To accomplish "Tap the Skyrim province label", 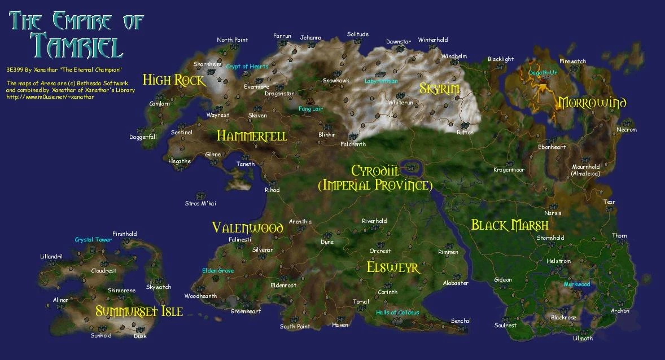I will [x=439, y=89].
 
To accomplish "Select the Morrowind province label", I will [x=592, y=103].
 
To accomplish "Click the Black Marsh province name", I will [x=510, y=225].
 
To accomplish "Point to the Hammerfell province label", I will [x=252, y=136].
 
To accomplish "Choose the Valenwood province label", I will [x=247, y=227].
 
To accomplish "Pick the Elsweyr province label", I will [x=393, y=267].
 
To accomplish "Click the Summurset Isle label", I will [x=139, y=311].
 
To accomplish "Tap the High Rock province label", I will [x=173, y=80].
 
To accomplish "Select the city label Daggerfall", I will [x=143, y=137].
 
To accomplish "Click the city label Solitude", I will [x=357, y=34].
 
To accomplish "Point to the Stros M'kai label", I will [x=200, y=203].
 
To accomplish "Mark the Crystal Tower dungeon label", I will [x=93, y=240].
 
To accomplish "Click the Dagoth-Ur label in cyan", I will [x=543, y=73].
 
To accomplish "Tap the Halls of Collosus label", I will [x=398, y=313].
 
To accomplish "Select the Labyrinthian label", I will [x=381, y=81].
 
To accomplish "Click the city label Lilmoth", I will [x=583, y=339].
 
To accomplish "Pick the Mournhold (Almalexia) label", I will [x=585, y=170].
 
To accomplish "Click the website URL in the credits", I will [x=50, y=97].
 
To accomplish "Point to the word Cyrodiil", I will [x=375, y=170].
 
